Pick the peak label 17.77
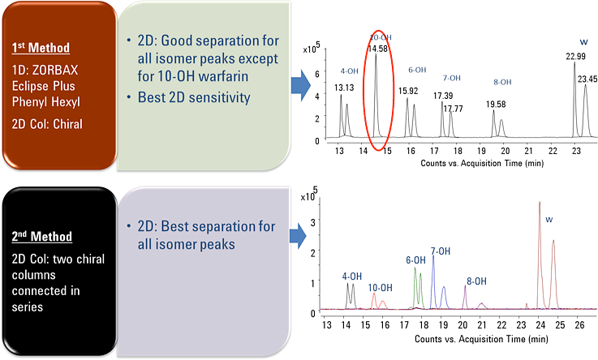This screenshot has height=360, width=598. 453,109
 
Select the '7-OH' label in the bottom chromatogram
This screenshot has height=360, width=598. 441,251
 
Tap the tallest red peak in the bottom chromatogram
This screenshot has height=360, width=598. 540,207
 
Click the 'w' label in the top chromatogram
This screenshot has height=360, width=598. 583,41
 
